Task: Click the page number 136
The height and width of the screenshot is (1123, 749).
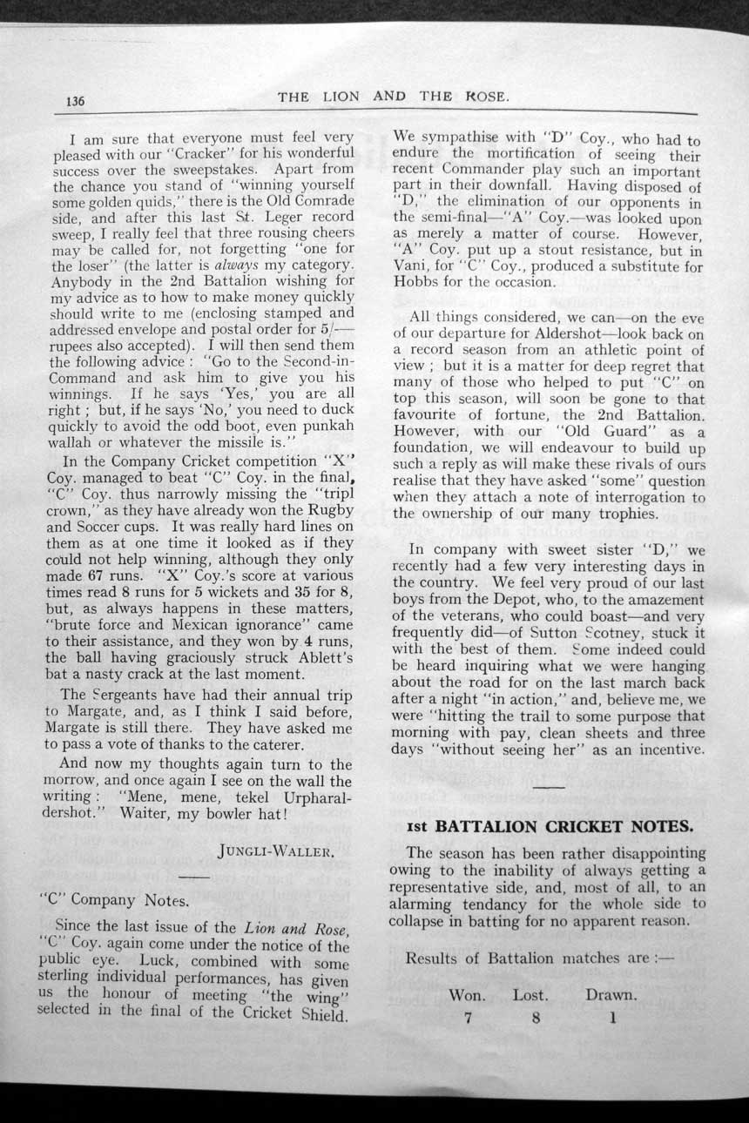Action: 75,101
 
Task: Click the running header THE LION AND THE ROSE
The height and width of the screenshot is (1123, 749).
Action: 393,97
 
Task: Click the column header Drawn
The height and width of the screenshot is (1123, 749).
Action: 611,994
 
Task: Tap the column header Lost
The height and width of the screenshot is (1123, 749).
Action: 530,994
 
